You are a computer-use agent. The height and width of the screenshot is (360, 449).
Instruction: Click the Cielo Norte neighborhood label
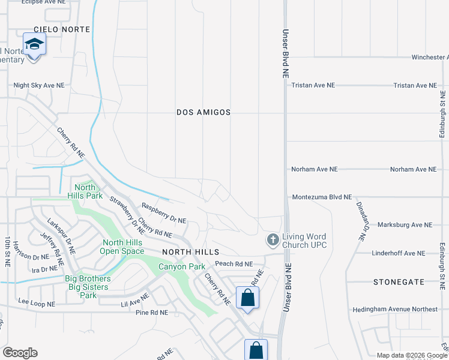coord(62,29)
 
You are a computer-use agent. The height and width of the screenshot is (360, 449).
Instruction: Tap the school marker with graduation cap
coord(34,44)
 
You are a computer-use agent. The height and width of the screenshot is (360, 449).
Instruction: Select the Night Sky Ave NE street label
coord(39,86)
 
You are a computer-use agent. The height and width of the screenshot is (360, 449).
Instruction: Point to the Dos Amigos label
coord(203,112)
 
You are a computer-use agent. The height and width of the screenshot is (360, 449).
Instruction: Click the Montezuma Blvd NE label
coord(322,197)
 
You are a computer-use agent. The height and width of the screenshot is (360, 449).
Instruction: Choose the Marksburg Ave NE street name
coord(405,225)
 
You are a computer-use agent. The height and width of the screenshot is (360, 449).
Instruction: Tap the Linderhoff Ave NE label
coord(398,253)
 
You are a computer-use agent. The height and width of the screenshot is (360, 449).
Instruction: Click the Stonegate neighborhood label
coord(398,281)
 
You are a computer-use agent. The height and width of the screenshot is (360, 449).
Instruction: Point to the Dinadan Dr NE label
coord(361,222)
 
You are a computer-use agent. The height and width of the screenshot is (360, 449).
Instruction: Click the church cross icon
coord(273,241)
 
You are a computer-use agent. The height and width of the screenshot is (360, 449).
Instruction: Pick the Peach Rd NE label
coord(234,264)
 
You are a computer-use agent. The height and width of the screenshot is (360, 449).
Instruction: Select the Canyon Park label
coord(181,266)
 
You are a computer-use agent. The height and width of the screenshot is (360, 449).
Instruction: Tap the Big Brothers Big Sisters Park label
coord(88,287)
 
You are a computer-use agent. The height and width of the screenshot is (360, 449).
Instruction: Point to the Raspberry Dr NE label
coord(163,213)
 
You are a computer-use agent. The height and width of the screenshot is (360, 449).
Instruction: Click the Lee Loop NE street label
coord(37,304)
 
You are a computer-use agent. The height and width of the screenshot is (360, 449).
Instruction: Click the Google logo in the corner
coord(20,352)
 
